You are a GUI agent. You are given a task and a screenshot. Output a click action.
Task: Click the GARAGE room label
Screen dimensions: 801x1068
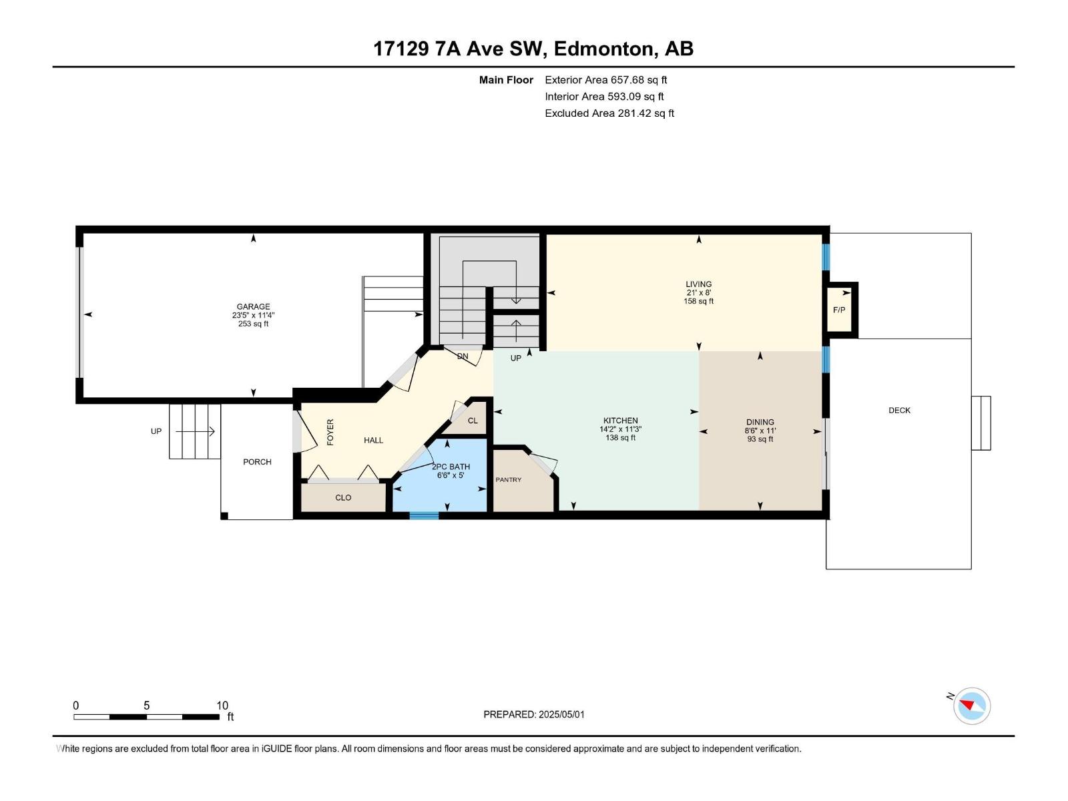click(x=253, y=307)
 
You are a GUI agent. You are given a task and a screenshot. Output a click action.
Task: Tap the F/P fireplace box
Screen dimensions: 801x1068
click(x=839, y=310)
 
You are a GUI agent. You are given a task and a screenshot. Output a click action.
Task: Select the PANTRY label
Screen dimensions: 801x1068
click(x=509, y=480)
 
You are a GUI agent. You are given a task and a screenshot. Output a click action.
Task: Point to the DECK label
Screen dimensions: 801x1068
click(x=899, y=411)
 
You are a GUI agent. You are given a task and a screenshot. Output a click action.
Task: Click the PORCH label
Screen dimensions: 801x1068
click(x=257, y=462)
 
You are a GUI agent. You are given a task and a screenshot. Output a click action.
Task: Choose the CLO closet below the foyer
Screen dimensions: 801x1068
click(x=343, y=498)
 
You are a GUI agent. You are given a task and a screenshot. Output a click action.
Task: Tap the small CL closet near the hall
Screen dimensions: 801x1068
click(x=473, y=421)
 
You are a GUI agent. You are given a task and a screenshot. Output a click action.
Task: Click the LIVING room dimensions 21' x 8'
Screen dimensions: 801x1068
click(x=699, y=293)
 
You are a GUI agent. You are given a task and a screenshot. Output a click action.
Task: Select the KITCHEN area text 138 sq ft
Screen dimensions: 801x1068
click(x=620, y=439)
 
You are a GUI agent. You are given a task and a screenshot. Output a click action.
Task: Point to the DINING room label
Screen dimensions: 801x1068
click(x=760, y=422)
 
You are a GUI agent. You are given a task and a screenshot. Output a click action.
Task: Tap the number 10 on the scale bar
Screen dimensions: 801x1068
click(x=222, y=706)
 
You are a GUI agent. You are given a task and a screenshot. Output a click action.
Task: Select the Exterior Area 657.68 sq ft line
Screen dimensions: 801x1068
click(x=605, y=80)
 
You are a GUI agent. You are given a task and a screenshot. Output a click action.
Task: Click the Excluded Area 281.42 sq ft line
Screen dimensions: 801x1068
click(x=609, y=113)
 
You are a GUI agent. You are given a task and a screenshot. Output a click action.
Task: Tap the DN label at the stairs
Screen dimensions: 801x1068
click(x=463, y=356)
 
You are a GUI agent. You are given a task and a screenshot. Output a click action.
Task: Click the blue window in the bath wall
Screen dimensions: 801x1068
click(x=424, y=515)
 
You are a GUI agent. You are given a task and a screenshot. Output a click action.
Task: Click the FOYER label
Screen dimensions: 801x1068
click(x=330, y=433)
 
